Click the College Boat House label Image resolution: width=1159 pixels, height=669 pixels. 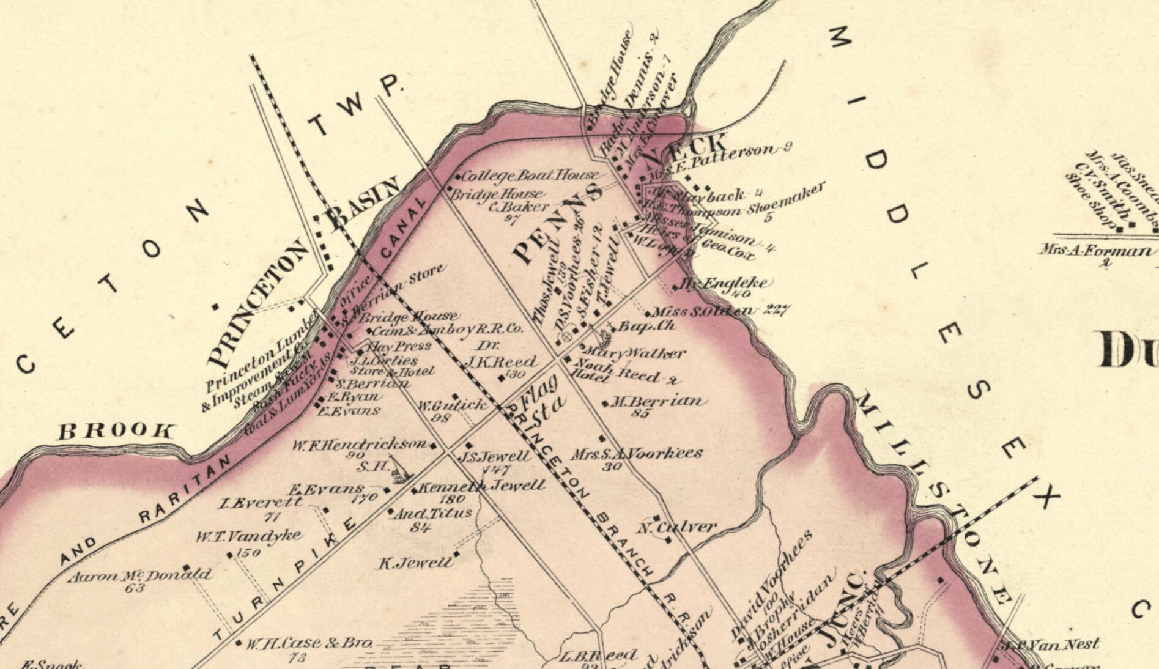(529, 176)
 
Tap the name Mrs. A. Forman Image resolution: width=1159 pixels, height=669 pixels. (1098, 251)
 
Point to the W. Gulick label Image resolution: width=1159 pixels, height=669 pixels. (453, 405)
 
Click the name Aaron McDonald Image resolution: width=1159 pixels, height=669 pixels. (139, 575)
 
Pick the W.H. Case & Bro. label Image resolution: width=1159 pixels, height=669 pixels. (309, 643)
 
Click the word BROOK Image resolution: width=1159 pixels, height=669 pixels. (116, 432)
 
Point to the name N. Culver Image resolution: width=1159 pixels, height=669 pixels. (677, 527)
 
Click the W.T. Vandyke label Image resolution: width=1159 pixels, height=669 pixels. (248, 537)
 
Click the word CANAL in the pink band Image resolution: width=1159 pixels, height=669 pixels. (402, 227)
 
